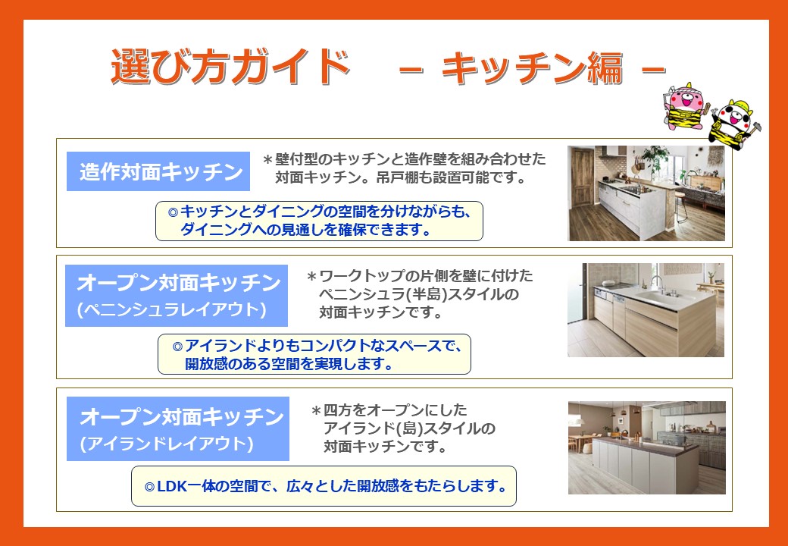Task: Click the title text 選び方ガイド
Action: coord(230,67)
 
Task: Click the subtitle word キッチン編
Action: coord(532,68)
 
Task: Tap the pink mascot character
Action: coord(686,107)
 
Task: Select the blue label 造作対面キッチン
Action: coord(158,171)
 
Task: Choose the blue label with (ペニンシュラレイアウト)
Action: coord(177,296)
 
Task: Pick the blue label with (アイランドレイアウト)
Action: coord(178,429)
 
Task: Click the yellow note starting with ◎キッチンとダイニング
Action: coord(319,221)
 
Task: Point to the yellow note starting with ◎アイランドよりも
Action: coord(314,354)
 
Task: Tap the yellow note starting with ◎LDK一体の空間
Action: coord(324,486)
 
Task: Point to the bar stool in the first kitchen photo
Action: coord(680,206)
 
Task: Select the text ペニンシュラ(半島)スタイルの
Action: coord(418,294)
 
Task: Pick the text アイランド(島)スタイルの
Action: coord(410,429)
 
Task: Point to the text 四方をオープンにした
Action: coord(395,411)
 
